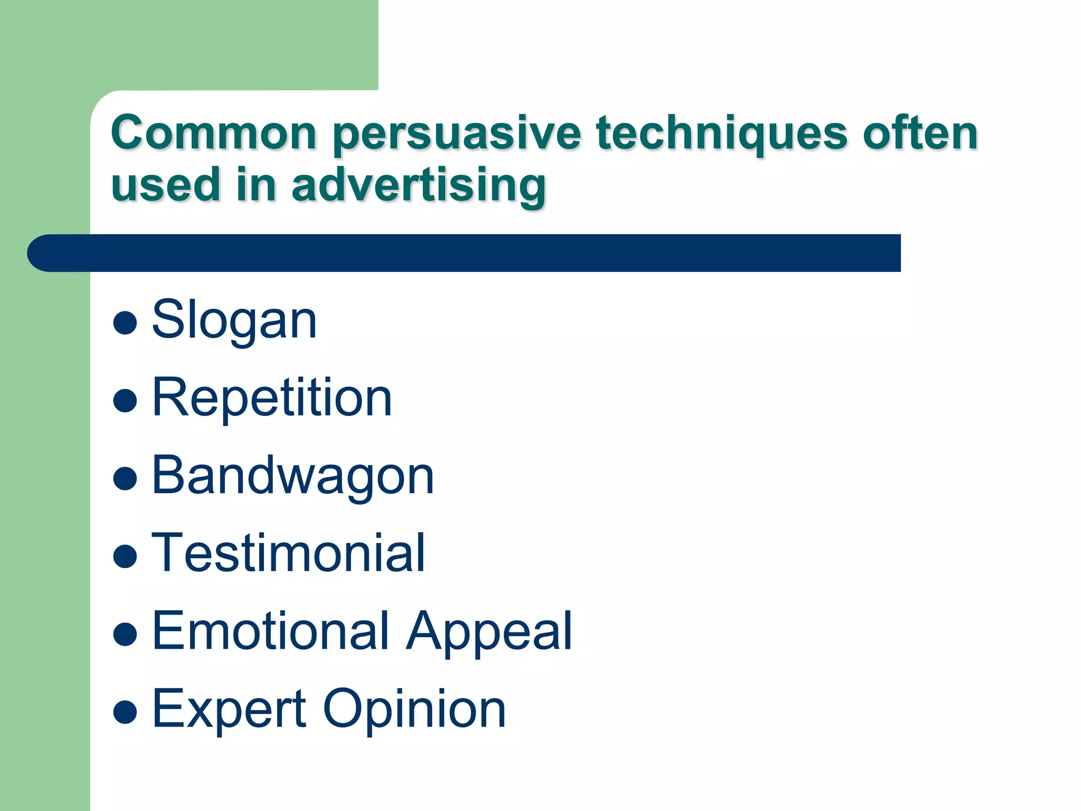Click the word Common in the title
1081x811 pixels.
click(x=213, y=133)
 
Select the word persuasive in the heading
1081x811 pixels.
click(x=457, y=134)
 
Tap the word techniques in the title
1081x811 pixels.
click(x=722, y=134)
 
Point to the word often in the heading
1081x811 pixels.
click(x=920, y=133)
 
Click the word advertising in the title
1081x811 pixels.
click(x=419, y=186)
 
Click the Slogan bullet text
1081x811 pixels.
click(x=234, y=320)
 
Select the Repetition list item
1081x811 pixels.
click(x=272, y=398)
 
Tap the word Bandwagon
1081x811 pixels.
click(x=293, y=476)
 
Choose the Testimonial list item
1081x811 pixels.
click(x=288, y=553)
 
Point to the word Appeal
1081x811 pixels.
click(x=489, y=631)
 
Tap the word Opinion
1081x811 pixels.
click(x=414, y=710)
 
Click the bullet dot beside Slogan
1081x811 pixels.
click(x=125, y=323)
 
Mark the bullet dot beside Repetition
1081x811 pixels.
click(x=125, y=400)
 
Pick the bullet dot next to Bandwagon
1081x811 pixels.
click(x=125, y=478)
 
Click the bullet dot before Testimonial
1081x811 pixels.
click(x=125, y=556)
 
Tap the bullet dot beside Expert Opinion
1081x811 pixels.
click(x=125, y=711)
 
